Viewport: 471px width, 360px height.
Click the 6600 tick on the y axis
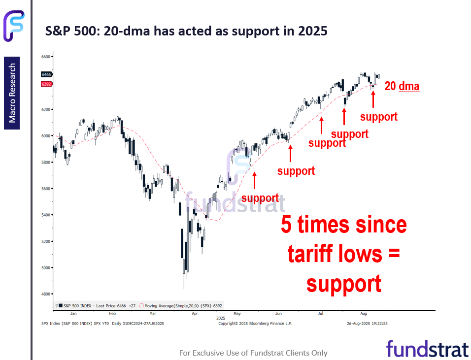tap(46, 57)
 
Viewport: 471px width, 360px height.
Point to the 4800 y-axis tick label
tap(46, 294)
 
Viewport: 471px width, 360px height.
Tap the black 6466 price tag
tap(47, 74)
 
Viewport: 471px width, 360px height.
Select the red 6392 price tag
tap(47, 84)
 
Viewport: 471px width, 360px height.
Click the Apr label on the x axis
tap(195, 314)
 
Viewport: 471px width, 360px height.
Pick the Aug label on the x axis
tap(364, 314)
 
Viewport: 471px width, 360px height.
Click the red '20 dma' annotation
tap(402, 86)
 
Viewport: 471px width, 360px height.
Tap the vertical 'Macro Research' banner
tap(12, 93)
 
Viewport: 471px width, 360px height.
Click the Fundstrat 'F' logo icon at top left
tap(14, 26)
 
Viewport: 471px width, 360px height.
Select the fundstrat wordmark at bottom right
tap(428, 349)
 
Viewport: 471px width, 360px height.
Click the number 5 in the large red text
tap(286, 225)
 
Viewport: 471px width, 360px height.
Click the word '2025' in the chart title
tap(313, 31)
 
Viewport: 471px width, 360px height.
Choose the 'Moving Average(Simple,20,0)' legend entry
tap(181, 306)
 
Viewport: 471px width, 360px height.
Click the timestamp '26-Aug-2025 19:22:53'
tap(367, 324)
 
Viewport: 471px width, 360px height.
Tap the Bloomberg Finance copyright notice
tap(255, 324)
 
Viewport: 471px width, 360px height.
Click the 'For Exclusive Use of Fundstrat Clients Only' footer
tap(253, 353)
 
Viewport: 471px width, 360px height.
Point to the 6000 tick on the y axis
tap(46, 136)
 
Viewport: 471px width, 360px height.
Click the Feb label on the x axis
tap(112, 314)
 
